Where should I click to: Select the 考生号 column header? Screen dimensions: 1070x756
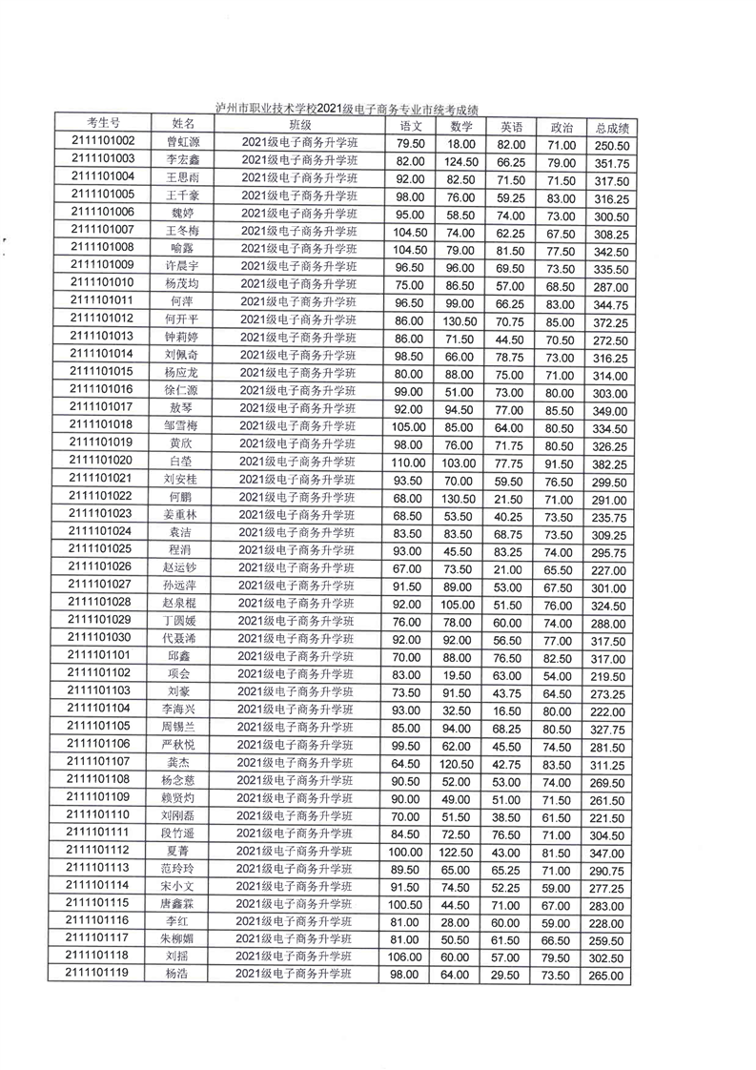point(103,123)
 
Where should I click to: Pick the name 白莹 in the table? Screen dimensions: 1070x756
point(180,460)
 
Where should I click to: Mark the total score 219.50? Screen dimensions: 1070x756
point(608,675)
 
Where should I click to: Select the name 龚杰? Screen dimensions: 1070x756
point(180,762)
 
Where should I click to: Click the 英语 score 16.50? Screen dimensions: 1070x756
point(505,710)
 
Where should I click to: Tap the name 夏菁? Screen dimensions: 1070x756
point(178,850)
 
